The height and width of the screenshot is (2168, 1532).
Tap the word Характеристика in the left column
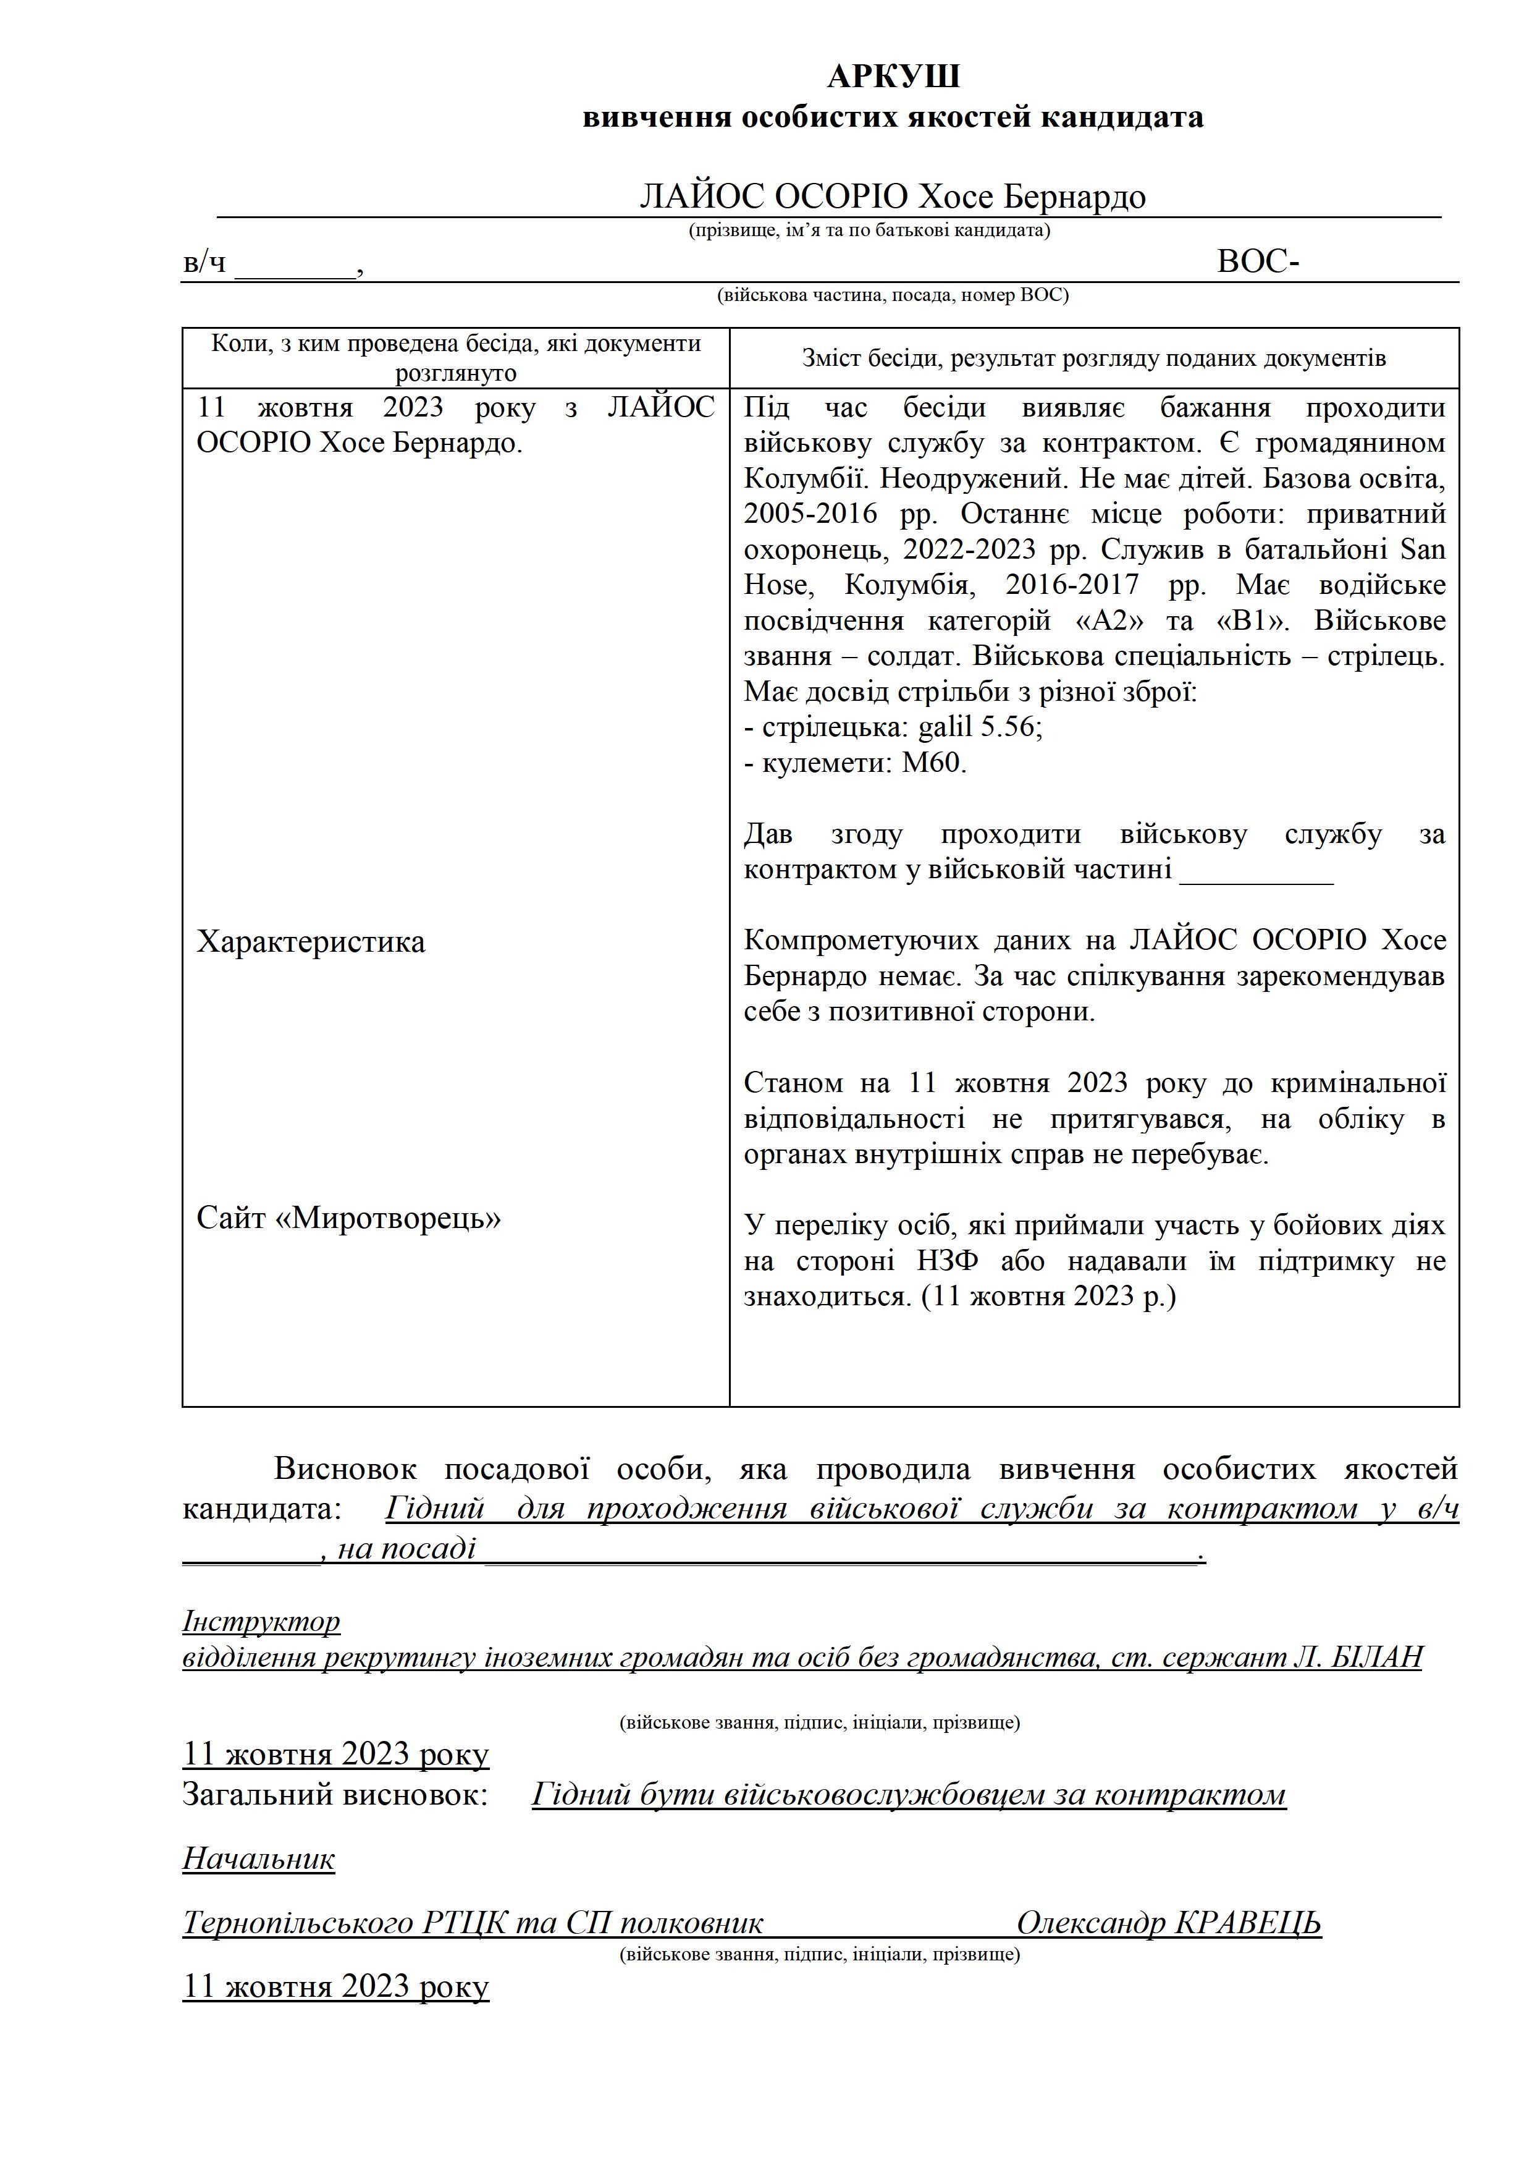(311, 941)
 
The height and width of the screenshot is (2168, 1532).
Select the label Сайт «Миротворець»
(348, 1218)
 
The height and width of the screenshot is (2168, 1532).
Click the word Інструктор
(261, 1621)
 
